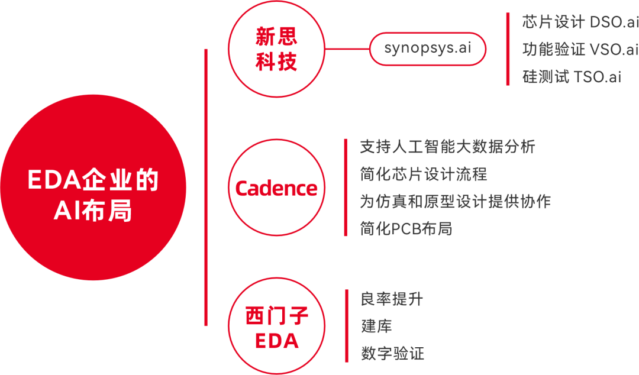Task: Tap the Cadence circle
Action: (x=276, y=188)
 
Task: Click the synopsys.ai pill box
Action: (x=428, y=49)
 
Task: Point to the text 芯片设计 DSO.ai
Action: (x=579, y=22)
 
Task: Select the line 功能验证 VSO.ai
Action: (x=579, y=50)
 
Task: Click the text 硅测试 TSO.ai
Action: (x=572, y=77)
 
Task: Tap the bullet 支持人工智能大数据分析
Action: (x=447, y=146)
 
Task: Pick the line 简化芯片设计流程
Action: (x=423, y=174)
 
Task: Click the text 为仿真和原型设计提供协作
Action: (x=455, y=201)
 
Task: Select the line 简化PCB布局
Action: (x=406, y=229)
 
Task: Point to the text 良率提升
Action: (x=392, y=299)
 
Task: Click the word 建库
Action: (x=376, y=326)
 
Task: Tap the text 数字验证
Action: (x=392, y=354)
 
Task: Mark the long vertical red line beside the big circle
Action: (x=206, y=187)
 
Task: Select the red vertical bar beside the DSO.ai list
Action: (x=508, y=49)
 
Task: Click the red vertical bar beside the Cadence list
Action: (x=346, y=187)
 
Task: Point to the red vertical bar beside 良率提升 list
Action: (x=346, y=326)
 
